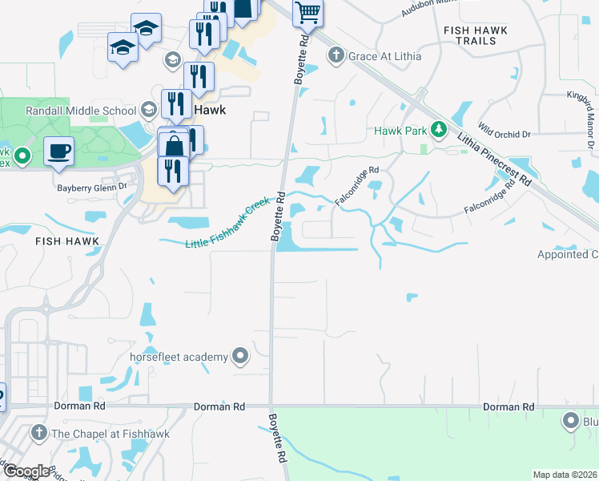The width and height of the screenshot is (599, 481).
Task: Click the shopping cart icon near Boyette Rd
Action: [x=308, y=12]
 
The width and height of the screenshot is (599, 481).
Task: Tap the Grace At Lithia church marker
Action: [x=336, y=55]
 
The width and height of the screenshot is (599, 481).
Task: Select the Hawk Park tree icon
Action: [x=437, y=129]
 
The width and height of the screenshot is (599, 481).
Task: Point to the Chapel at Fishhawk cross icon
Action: [x=38, y=433]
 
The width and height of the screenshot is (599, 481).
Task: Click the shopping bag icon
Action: [x=174, y=146]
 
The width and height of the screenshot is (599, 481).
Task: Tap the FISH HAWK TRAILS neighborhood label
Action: [x=474, y=35]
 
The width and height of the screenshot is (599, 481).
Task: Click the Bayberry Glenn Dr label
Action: [x=91, y=187]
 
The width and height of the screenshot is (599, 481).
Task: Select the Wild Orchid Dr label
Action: [x=505, y=128]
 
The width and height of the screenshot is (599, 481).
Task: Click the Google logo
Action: [x=26, y=471]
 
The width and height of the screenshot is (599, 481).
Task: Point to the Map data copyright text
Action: [x=565, y=475]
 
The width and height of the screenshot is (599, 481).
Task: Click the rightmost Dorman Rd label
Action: [x=509, y=407]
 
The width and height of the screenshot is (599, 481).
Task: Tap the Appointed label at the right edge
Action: [x=568, y=255]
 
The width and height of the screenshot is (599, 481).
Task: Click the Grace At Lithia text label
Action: [x=384, y=56]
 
